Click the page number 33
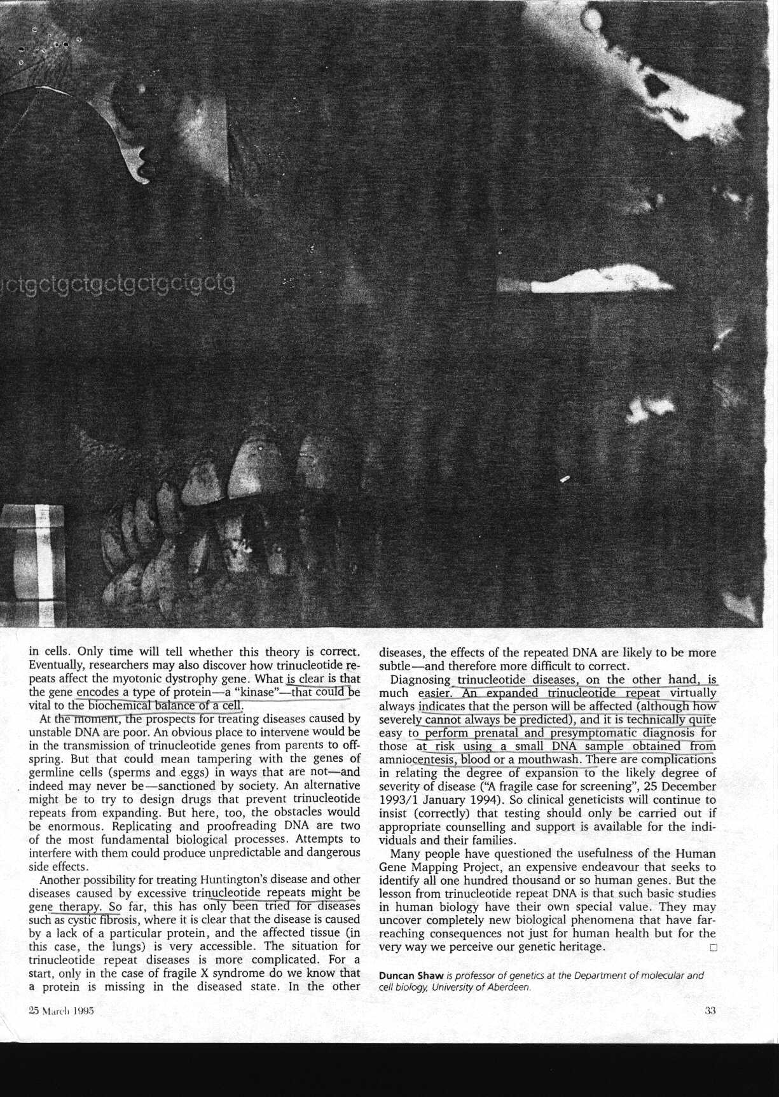[x=710, y=1012]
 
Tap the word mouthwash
[x=548, y=760]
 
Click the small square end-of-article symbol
[x=712, y=948]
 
